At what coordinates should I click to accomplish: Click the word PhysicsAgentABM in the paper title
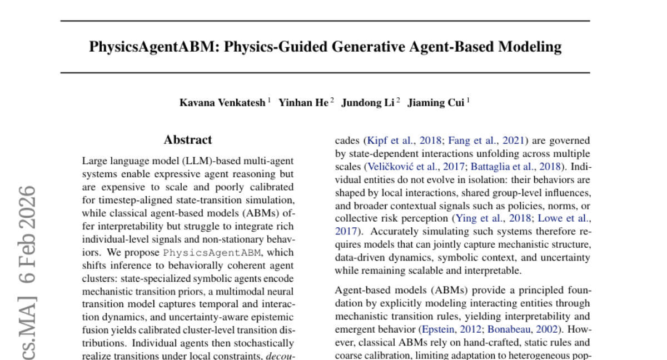tap(152, 47)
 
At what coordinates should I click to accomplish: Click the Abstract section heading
tap(188, 140)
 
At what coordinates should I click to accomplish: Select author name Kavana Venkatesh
tap(222, 103)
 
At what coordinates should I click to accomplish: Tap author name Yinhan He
tap(303, 103)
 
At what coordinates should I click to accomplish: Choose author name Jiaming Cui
tap(436, 103)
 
